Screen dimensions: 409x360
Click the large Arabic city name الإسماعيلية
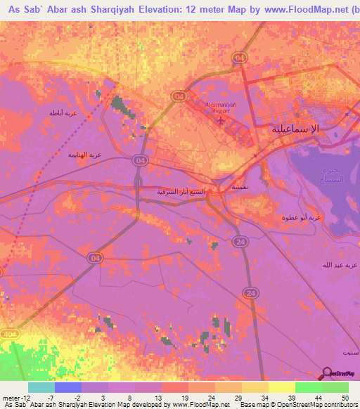pyautogui.click(x=295, y=129)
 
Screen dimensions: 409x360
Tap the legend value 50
pyautogui.click(x=345, y=398)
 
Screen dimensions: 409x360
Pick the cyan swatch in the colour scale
pyautogui.click(x=41, y=387)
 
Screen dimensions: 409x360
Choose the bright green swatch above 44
pyautogui.click(x=308, y=387)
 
